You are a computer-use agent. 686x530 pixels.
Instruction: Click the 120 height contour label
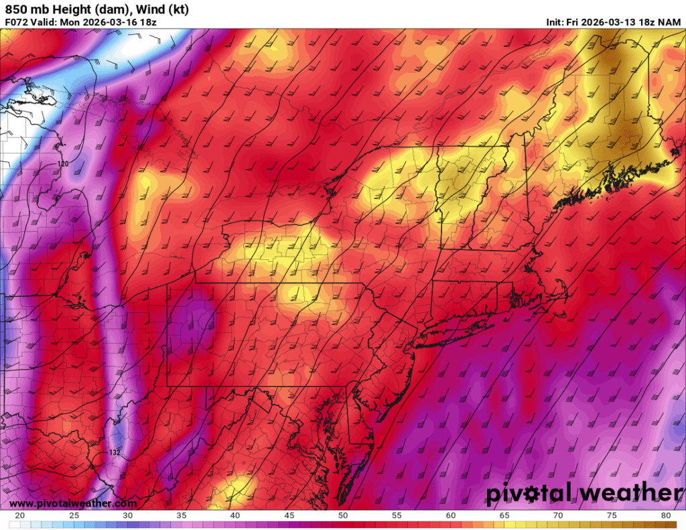[x=63, y=163]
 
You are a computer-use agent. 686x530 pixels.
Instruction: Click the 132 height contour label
[x=115, y=453]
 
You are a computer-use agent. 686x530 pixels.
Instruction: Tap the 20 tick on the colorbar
[x=20, y=516]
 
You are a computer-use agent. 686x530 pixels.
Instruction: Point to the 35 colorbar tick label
[x=181, y=516]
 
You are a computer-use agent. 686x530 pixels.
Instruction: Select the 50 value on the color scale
[x=342, y=516]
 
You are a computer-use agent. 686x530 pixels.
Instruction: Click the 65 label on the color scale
[x=503, y=516]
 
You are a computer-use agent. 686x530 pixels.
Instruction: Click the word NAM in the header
[x=671, y=21]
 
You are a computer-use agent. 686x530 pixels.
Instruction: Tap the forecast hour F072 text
[x=15, y=21]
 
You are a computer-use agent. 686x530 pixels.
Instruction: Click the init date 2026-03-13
[x=602, y=21]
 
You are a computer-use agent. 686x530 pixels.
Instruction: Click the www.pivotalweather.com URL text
[x=74, y=503]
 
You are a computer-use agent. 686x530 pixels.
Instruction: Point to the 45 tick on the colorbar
[x=289, y=516]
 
